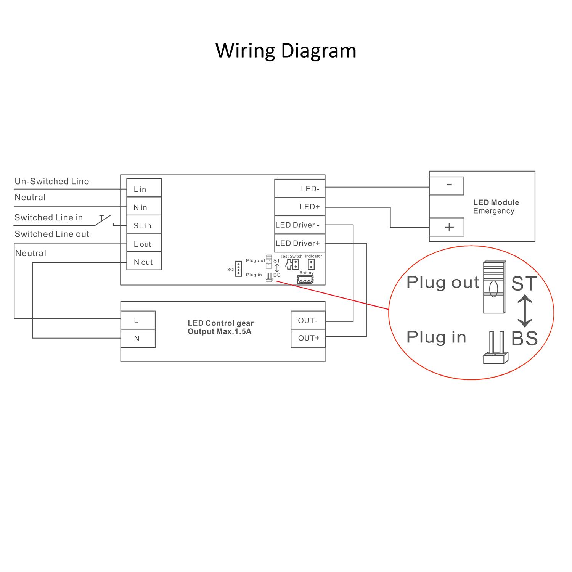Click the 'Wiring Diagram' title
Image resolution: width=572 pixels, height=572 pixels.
click(286, 50)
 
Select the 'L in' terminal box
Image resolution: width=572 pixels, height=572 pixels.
click(144, 188)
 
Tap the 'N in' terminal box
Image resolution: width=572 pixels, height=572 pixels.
click(144, 206)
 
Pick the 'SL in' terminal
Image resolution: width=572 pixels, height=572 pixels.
click(144, 225)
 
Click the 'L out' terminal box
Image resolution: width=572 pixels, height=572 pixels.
click(144, 243)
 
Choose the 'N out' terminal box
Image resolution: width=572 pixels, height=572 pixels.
click(144, 261)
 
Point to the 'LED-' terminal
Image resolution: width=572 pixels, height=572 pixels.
click(300, 188)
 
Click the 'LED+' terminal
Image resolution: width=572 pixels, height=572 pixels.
click(300, 206)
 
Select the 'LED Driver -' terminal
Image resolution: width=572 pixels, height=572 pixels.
click(300, 225)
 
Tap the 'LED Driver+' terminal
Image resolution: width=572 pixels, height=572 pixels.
click(300, 243)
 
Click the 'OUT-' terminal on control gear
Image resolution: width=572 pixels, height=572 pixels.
click(308, 320)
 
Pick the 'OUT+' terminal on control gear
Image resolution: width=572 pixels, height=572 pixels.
click(308, 338)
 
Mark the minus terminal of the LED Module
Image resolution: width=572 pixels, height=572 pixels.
click(447, 186)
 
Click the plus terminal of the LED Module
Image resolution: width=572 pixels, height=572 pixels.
click(447, 227)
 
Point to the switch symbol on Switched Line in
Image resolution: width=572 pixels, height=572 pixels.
click(103, 220)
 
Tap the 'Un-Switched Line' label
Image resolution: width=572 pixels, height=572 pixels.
click(52, 182)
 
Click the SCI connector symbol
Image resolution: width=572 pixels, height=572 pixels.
click(239, 269)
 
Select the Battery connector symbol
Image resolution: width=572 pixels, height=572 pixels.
click(305, 280)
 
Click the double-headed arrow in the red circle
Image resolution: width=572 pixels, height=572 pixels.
click(525, 311)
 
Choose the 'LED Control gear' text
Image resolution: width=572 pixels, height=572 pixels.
click(220, 323)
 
